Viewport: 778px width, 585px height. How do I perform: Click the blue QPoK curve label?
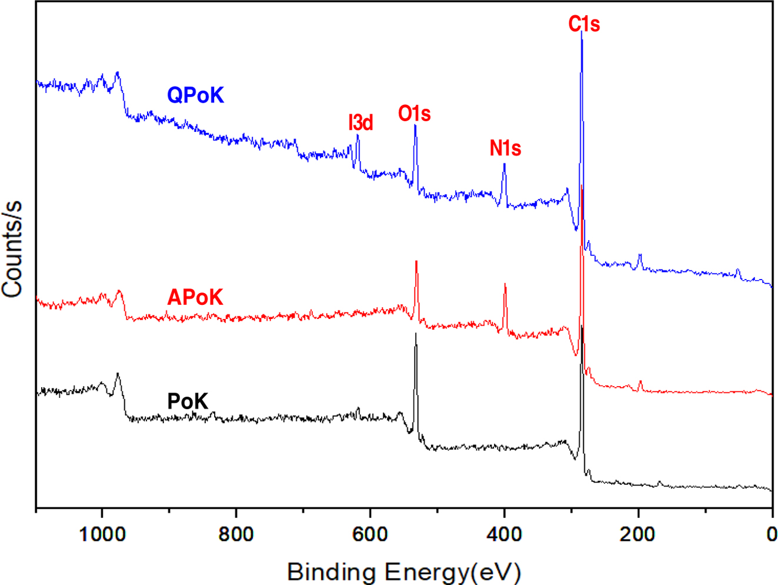pyautogui.click(x=195, y=95)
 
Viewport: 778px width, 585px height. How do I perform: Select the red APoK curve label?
pyautogui.click(x=195, y=297)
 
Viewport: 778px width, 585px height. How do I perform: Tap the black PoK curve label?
pyautogui.click(x=188, y=401)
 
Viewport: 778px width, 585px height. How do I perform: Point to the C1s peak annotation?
pyautogui.click(x=584, y=24)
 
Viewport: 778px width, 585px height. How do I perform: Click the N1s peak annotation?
pyautogui.click(x=505, y=148)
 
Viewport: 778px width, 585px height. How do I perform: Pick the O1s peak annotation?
pyautogui.click(x=414, y=114)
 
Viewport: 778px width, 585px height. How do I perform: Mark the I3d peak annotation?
pyautogui.click(x=360, y=122)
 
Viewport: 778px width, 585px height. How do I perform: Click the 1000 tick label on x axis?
pyautogui.click(x=102, y=534)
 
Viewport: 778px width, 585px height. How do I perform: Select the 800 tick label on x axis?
pyautogui.click(x=236, y=534)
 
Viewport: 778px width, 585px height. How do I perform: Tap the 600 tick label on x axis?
pyautogui.click(x=370, y=534)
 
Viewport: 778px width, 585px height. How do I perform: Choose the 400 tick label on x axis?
pyautogui.click(x=504, y=534)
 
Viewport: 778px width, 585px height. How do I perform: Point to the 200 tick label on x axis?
pyautogui.click(x=638, y=534)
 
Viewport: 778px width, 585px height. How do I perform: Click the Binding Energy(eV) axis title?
pyautogui.click(x=404, y=571)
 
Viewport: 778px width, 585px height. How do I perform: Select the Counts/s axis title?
pyautogui.click(x=12, y=248)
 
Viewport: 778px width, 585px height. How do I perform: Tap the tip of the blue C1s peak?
pyautogui.click(x=582, y=31)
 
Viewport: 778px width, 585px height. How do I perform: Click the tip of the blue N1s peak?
pyautogui.click(x=504, y=164)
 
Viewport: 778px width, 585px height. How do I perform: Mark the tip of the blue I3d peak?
pyautogui.click(x=358, y=135)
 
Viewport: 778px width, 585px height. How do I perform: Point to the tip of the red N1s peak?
pyautogui.click(x=505, y=284)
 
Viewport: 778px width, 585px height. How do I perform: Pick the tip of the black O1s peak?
pyautogui.click(x=416, y=334)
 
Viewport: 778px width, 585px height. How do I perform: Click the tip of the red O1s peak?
pyautogui.click(x=416, y=261)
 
